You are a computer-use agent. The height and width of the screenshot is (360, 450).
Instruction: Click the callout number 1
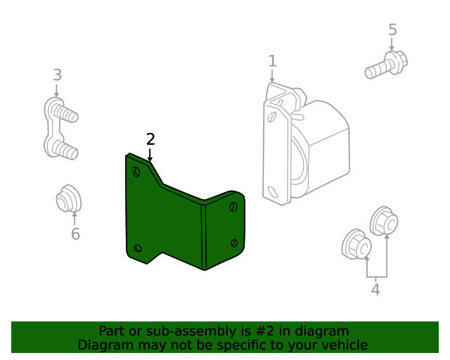click(272, 61)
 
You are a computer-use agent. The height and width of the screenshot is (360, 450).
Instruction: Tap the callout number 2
click(150, 139)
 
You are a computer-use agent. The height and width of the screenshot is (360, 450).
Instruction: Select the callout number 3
click(57, 75)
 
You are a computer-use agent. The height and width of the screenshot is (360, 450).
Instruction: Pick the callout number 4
click(375, 288)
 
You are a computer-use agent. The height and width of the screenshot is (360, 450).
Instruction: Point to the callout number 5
click(392, 30)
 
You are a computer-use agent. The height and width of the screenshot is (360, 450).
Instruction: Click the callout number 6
click(75, 233)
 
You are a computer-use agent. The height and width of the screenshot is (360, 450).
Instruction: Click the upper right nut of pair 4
click(383, 221)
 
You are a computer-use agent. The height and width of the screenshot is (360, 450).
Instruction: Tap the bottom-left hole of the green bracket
click(138, 247)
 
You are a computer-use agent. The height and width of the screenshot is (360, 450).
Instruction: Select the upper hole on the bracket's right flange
click(233, 207)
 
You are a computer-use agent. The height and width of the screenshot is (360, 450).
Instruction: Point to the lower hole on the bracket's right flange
click(233, 242)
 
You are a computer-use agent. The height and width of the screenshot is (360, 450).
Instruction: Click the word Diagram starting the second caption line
click(103, 345)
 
